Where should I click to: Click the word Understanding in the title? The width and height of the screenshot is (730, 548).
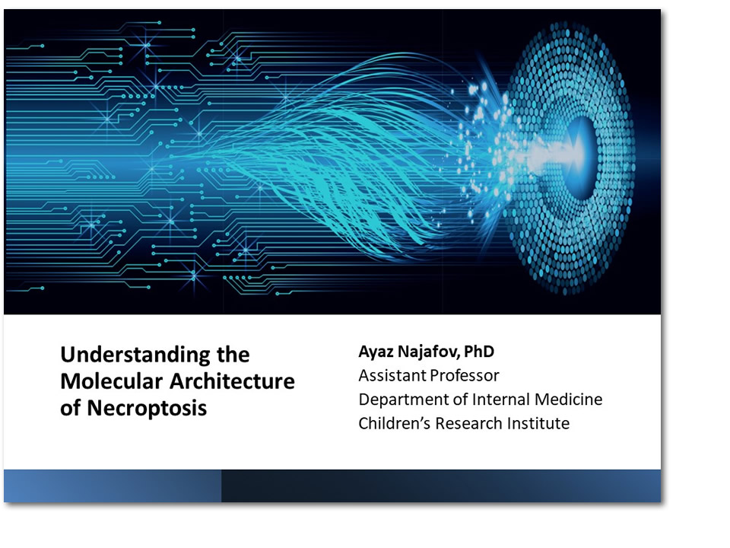(x=135, y=356)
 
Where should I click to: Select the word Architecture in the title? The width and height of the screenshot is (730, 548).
(x=232, y=381)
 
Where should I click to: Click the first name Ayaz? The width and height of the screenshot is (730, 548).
(x=376, y=352)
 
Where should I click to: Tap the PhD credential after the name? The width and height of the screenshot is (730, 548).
(x=478, y=352)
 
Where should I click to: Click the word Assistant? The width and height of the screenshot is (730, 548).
(x=392, y=375)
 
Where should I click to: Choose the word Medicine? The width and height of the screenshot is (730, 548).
(x=569, y=400)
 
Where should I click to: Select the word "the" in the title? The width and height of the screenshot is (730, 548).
(x=233, y=355)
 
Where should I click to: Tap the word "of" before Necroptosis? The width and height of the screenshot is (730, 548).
(x=70, y=408)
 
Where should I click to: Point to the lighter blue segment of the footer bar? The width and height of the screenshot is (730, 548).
(x=113, y=486)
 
